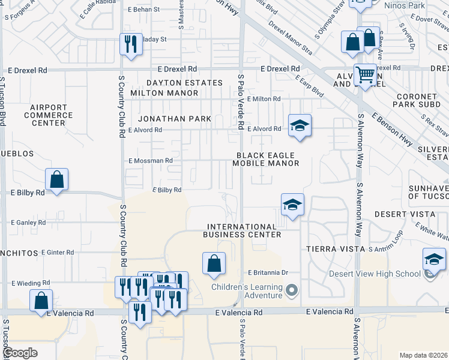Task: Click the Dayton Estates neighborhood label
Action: pos(185,82)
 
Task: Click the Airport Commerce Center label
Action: pos(48,115)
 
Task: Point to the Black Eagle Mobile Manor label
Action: pos(266,158)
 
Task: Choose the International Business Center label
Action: pos(243,230)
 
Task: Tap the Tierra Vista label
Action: pos(335,248)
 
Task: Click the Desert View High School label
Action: pos(375,274)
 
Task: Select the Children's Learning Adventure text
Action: pos(246,291)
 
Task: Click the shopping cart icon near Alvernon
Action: pos(364,75)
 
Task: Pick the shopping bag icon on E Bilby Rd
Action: pos(56,179)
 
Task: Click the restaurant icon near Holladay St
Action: pos(130,44)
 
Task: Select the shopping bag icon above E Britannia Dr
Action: pos(214,263)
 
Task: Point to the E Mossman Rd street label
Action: pos(151,161)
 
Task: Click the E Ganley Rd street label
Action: pos(28,223)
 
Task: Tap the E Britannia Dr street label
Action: pos(268,272)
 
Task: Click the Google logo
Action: pos(20,353)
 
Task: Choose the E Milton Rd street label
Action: pos(263,99)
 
